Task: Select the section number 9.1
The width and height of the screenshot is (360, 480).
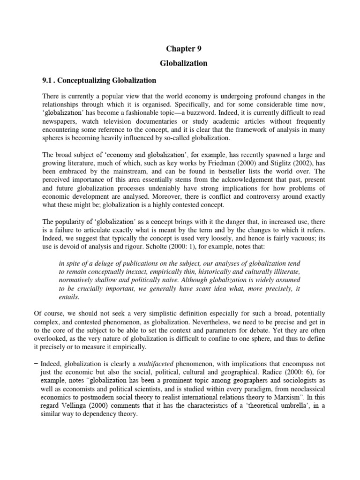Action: tap(49, 80)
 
